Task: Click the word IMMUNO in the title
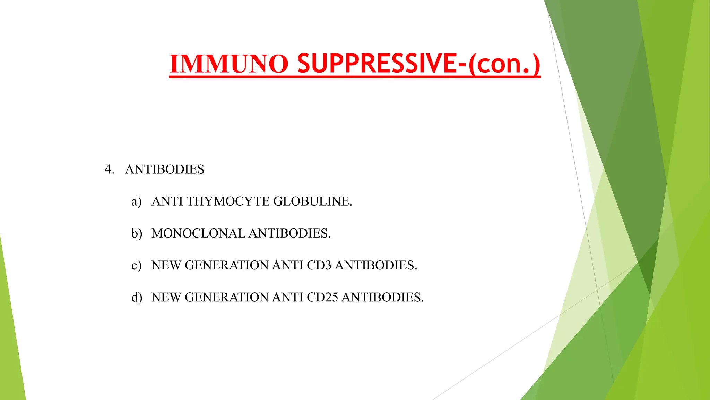[229, 64]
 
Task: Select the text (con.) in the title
[504, 64]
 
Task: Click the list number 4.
[109, 169]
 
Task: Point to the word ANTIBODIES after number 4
[165, 169]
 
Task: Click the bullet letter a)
[137, 201]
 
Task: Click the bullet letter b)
[137, 233]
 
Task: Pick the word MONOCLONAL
[198, 233]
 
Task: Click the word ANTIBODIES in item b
[290, 233]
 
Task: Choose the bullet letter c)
[137, 265]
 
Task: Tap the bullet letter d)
[137, 297]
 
